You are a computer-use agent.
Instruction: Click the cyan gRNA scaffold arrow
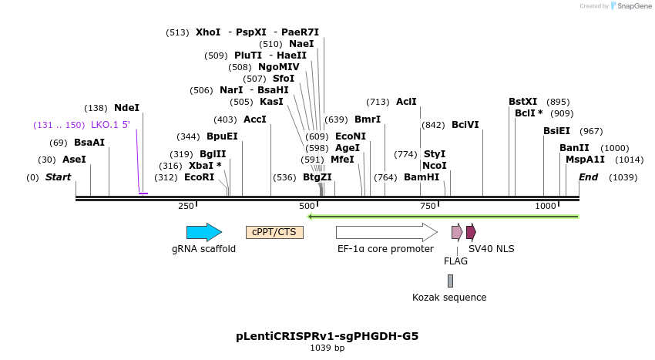coord(203,232)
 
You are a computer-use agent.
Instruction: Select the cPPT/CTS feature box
coord(274,232)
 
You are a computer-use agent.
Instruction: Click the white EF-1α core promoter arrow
coord(385,232)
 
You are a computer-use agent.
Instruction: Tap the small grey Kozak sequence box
coord(450,281)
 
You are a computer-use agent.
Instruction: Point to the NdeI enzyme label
coord(126,108)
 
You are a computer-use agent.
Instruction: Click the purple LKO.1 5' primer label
coord(110,125)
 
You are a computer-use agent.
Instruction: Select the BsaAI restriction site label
coord(89,143)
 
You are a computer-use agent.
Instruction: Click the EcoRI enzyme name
coord(200,177)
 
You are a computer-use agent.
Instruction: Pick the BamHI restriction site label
coord(422,177)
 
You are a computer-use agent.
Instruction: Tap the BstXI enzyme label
coord(523,102)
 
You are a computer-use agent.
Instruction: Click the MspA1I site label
coord(585,160)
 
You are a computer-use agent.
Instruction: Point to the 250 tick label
coord(186,206)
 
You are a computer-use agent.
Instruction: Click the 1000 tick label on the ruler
coord(546,206)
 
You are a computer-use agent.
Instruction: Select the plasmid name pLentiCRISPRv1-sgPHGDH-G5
coord(327,336)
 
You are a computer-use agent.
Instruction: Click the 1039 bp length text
coord(327,348)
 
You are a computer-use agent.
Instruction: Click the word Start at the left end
coord(58,177)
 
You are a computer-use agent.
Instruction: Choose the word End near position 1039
coord(589,177)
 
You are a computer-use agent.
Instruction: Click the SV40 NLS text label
coord(491,248)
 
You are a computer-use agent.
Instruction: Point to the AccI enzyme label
coord(255,119)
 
